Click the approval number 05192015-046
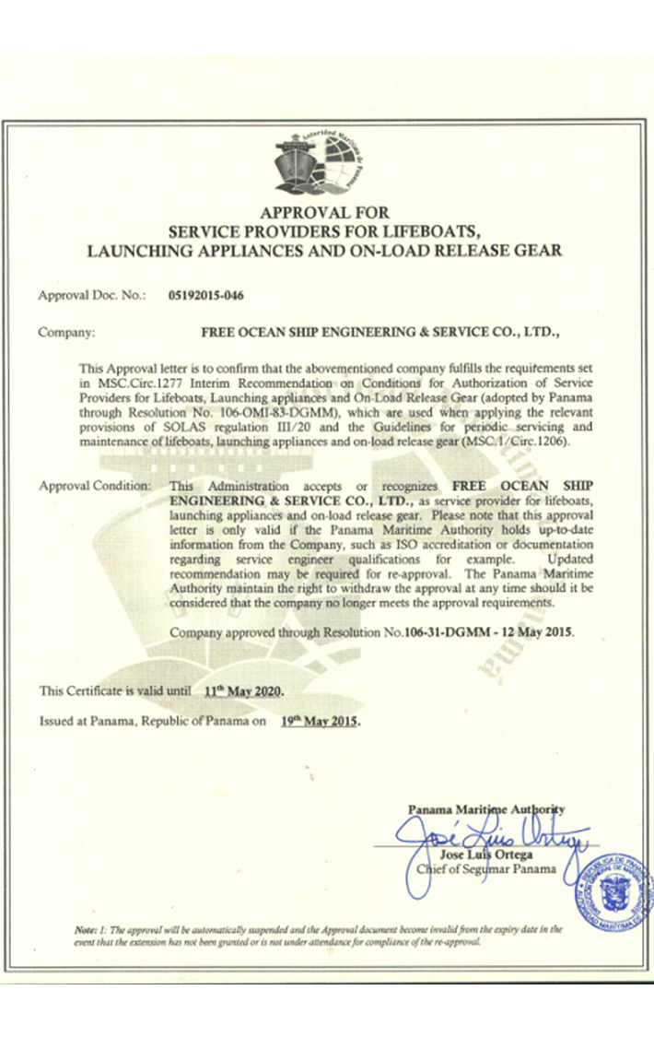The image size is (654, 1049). tap(207, 296)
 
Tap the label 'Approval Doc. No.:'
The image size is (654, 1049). tap(92, 296)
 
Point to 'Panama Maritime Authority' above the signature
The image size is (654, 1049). tap(485, 809)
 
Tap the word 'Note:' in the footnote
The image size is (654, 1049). tap(87, 930)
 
